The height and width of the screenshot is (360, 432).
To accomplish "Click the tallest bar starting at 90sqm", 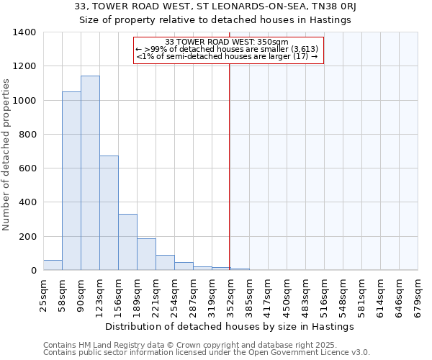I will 90,173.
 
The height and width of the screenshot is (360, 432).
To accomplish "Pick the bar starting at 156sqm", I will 127,242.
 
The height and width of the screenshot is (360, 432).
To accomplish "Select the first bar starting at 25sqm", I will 53,265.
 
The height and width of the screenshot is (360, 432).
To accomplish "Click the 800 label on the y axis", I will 27,135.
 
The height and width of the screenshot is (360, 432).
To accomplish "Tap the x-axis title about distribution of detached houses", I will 230,326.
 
